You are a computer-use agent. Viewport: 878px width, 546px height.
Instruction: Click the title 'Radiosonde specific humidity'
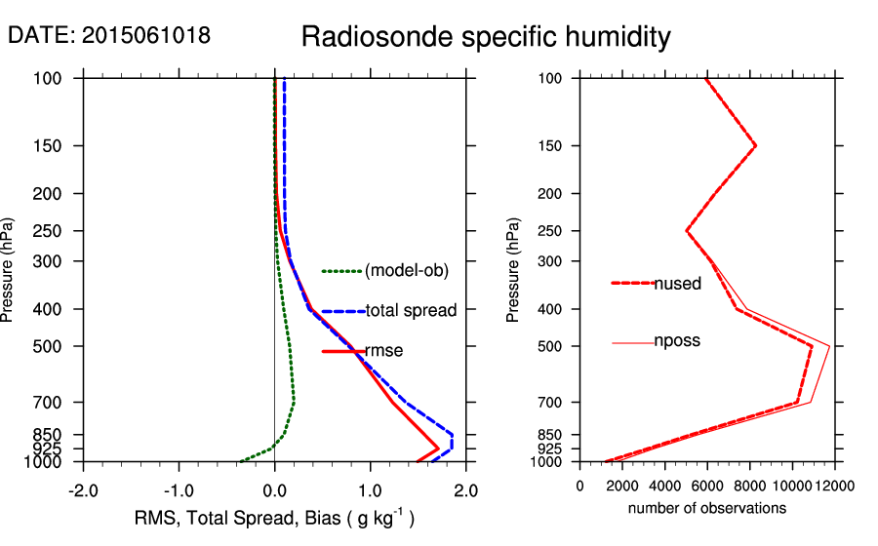(x=486, y=37)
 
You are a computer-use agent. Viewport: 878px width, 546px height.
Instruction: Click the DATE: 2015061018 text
(x=108, y=36)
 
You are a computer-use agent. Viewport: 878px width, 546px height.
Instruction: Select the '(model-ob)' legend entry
(x=407, y=271)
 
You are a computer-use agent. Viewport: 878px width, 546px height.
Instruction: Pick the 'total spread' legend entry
(x=411, y=311)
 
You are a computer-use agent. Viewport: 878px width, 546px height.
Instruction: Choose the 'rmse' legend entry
(x=383, y=350)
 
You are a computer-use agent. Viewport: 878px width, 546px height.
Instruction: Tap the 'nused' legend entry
(x=677, y=284)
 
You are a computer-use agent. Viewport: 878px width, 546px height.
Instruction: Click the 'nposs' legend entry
(x=677, y=341)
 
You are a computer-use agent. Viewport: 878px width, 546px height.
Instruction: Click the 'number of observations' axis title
(x=707, y=509)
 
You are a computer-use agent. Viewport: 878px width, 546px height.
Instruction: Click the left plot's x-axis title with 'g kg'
(x=274, y=519)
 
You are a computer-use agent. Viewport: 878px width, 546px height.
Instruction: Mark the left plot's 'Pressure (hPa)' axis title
(x=10, y=269)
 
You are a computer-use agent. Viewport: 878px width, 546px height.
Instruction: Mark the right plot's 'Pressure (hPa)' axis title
(x=514, y=269)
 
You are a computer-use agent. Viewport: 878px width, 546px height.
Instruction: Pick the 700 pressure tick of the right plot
(x=556, y=402)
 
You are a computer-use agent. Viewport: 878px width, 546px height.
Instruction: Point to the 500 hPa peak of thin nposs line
(x=829, y=346)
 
